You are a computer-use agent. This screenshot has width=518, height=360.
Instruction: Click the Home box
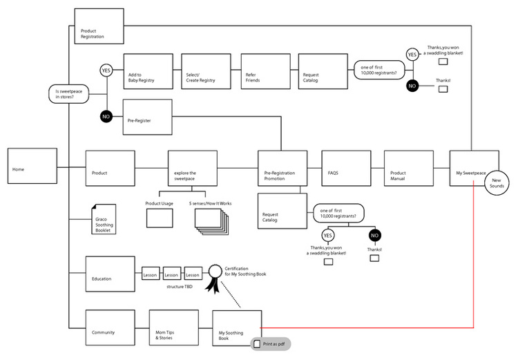click(32, 166)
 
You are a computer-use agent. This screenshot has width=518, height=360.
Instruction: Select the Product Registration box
click(99, 26)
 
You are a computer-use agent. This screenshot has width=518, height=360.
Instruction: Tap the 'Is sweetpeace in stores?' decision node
click(68, 94)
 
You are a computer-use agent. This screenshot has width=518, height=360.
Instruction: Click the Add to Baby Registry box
click(148, 71)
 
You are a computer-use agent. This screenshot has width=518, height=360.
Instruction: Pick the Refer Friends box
click(266, 71)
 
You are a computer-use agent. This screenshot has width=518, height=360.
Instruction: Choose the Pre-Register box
click(147, 117)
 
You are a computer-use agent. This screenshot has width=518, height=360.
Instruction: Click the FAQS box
click(346, 169)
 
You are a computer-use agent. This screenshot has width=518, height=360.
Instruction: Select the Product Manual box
click(409, 169)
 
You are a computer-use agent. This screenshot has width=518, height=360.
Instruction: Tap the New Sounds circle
click(497, 183)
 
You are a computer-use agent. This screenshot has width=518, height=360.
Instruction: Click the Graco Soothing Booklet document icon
click(104, 219)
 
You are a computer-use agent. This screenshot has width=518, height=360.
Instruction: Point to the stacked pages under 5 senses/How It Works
click(212, 222)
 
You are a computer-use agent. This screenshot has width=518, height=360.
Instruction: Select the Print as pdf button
click(271, 344)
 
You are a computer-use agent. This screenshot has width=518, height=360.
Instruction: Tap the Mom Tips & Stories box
click(174, 328)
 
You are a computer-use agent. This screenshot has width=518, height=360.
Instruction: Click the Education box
click(111, 274)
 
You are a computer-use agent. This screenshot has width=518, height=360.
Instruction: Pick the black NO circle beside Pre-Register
click(106, 117)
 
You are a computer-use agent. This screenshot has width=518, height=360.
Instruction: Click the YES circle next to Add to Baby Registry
click(106, 70)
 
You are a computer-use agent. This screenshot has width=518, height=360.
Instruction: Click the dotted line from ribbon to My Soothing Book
click(231, 294)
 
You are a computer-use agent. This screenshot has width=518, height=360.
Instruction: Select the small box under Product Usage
click(160, 218)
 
